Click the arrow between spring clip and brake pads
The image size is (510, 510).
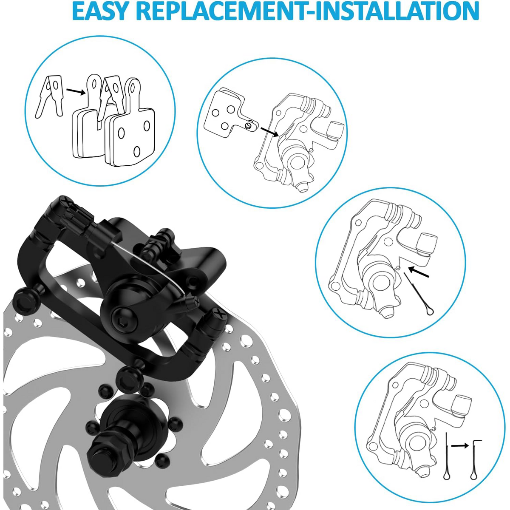(x=76, y=92)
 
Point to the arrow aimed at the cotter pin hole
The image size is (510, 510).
(x=419, y=272)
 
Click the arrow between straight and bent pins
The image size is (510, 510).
(x=459, y=446)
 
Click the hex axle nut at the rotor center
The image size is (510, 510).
(x=110, y=449)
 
